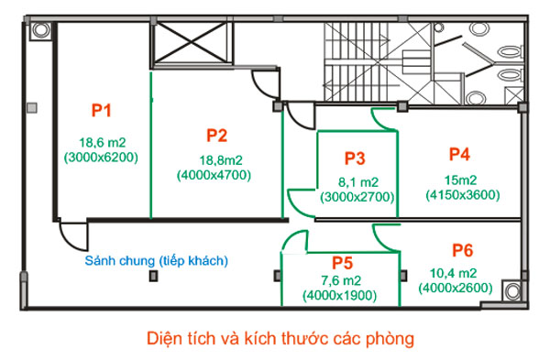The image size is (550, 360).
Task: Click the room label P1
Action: (x=101, y=111)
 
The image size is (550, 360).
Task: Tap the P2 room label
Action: (x=216, y=136)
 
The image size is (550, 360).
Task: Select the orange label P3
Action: (x=356, y=158)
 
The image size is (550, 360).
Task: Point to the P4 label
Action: (x=460, y=153)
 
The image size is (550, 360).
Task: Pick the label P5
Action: (x=343, y=260)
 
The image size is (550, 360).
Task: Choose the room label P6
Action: (x=462, y=250)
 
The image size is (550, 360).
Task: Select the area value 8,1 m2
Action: (x=357, y=181)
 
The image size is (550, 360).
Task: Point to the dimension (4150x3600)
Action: (x=462, y=194)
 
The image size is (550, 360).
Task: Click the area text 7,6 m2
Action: (x=342, y=280)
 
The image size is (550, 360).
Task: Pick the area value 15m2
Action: (x=461, y=180)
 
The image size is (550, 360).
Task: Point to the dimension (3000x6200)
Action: (x=101, y=157)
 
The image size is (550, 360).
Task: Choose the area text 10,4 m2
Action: (x=454, y=274)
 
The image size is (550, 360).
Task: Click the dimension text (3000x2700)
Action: (x=357, y=196)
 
